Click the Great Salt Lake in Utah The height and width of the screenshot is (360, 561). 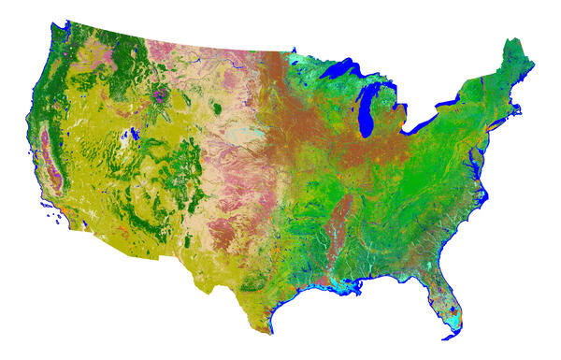tap(137, 133)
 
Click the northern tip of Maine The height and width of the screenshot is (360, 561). tap(512, 39)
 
